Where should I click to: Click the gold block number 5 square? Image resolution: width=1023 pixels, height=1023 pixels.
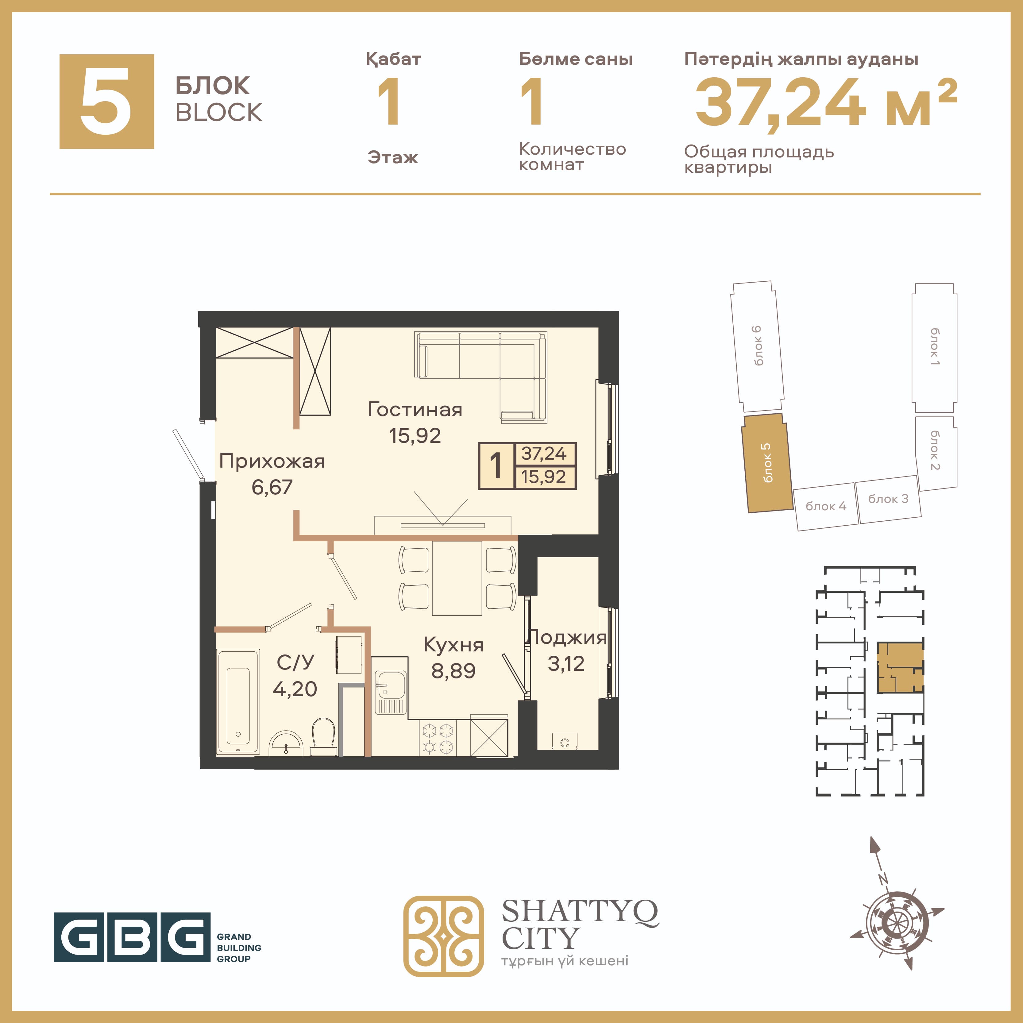(106, 101)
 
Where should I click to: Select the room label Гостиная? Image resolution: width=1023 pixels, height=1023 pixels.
(415, 409)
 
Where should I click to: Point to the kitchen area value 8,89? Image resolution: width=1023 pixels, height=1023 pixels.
(453, 671)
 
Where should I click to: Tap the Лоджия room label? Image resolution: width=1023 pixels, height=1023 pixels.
(566, 637)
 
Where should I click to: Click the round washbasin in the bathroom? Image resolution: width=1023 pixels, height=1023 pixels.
(286, 743)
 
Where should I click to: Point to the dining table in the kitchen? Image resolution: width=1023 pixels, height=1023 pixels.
(457, 577)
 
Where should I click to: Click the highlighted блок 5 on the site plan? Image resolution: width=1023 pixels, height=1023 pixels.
(766, 463)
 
